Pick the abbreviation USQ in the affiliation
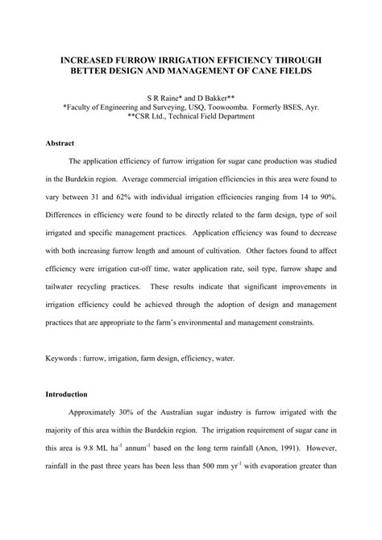pos(193,106)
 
